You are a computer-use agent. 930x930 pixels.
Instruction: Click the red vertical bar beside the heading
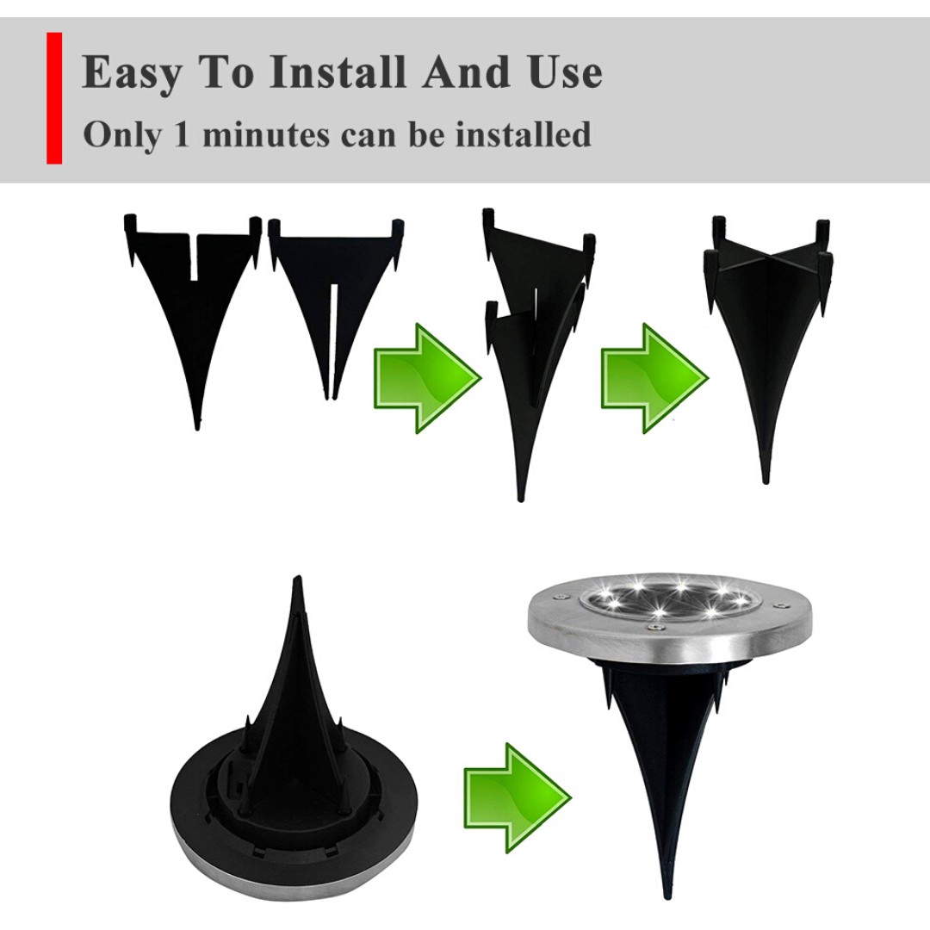pyautogui.click(x=54, y=98)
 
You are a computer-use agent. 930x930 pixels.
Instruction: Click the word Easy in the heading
pyautogui.click(x=132, y=72)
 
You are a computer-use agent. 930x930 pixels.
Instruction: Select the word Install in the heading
pyautogui.click(x=338, y=71)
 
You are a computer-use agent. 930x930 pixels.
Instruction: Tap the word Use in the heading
pyautogui.click(x=565, y=71)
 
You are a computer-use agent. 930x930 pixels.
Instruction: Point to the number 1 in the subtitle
pyautogui.click(x=182, y=134)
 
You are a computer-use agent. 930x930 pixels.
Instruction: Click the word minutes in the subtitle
pyautogui.click(x=266, y=134)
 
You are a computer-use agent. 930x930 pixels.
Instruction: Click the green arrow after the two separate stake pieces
pyautogui.click(x=427, y=378)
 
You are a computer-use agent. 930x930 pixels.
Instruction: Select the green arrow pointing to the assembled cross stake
pyautogui.click(x=654, y=378)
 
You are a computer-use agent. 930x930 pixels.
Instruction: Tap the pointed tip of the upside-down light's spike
pyautogui.click(x=298, y=576)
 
